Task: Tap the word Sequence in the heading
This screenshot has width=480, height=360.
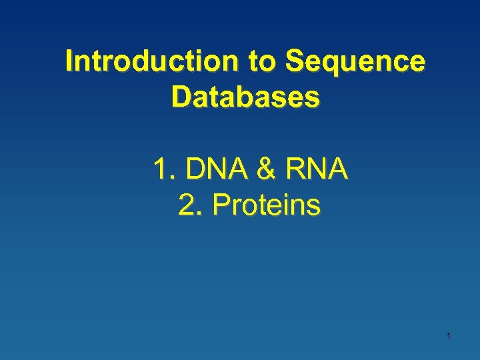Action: point(355,61)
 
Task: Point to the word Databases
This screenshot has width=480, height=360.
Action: point(245,97)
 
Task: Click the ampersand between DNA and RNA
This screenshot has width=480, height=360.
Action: point(267,169)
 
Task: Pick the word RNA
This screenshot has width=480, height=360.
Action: point(317,169)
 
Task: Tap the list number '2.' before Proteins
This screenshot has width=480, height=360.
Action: point(190,206)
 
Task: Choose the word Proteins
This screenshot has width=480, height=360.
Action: point(266,206)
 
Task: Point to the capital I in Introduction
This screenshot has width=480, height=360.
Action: point(69,61)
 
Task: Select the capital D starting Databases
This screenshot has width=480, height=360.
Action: point(180,97)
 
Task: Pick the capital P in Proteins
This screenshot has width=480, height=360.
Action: point(220,206)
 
